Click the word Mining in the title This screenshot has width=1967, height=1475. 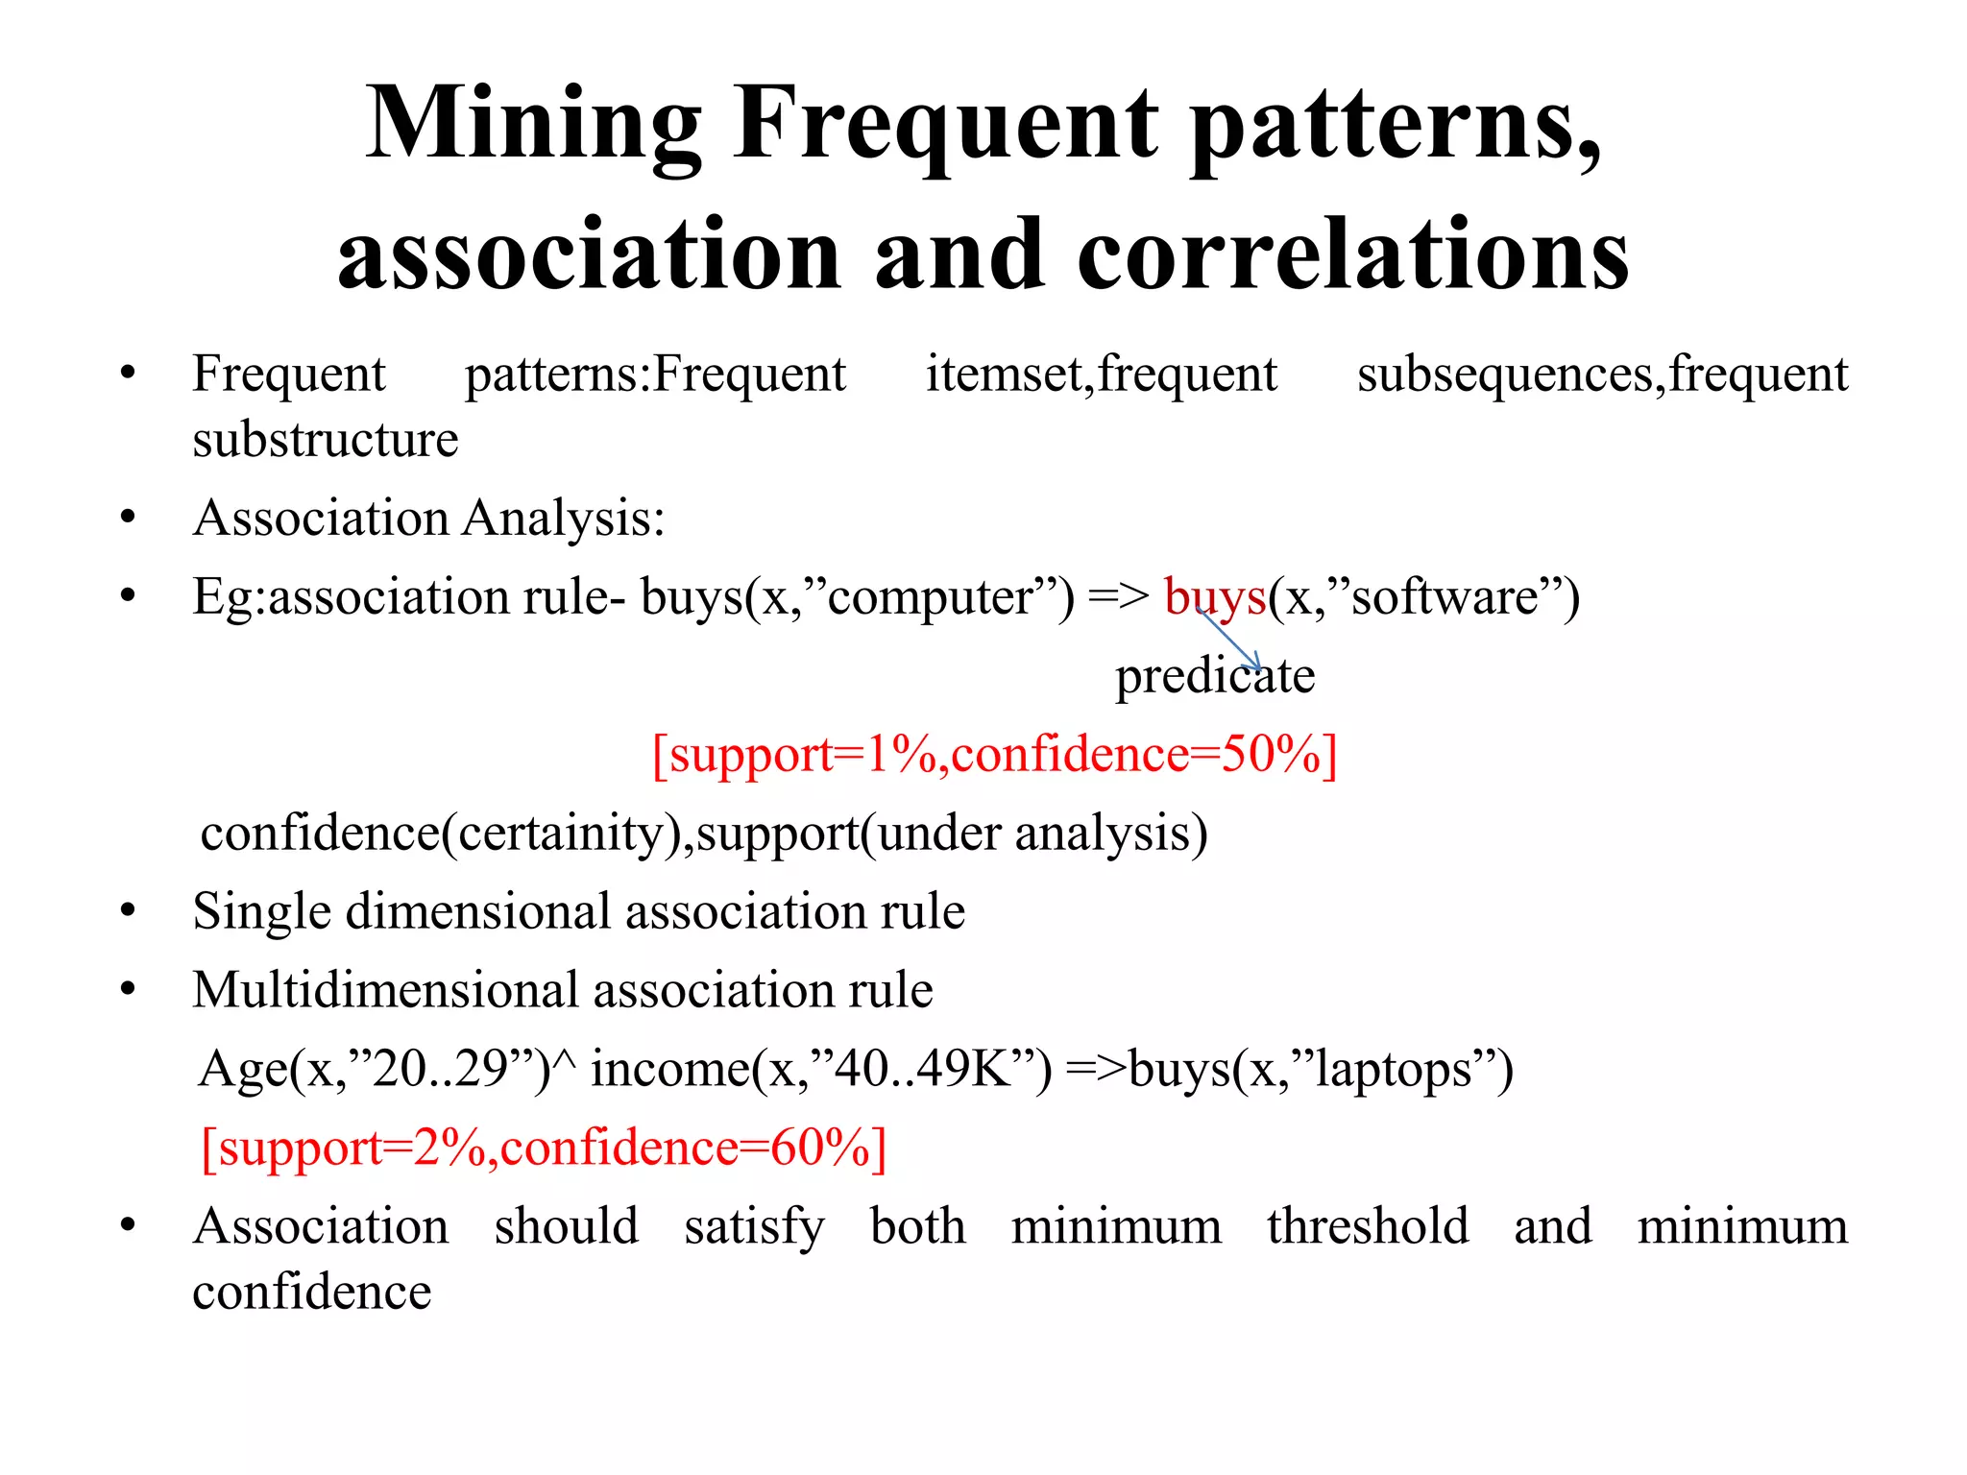tap(534, 125)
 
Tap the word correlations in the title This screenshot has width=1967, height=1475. tap(1353, 255)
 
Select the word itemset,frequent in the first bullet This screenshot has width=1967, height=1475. tap(1101, 374)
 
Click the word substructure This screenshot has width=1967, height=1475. tap(325, 440)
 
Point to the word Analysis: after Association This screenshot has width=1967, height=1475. tap(564, 519)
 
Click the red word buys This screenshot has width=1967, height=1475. tap(1214, 597)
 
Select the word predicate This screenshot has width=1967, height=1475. tap(1214, 676)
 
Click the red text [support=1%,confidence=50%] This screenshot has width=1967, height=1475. tap(994, 755)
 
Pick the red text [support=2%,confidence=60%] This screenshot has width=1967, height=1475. tap(544, 1149)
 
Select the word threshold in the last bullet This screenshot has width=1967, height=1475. tap(1367, 1227)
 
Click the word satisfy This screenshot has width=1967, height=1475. tap(754, 1227)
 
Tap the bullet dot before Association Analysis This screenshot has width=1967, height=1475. tap(128, 519)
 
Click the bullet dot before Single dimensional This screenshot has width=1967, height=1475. tap(128, 912)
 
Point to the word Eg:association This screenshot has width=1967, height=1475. tap(351, 597)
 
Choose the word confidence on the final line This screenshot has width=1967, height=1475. tap(311, 1293)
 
